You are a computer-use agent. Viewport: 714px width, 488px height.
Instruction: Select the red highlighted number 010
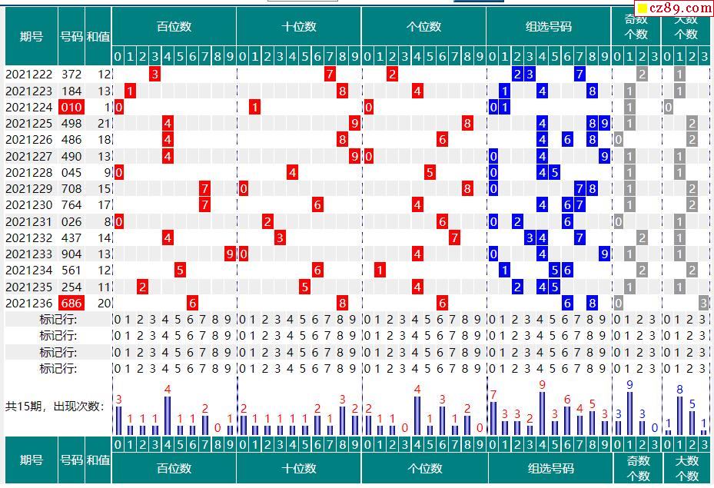(71, 108)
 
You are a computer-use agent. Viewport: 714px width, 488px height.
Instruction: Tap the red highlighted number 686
(71, 304)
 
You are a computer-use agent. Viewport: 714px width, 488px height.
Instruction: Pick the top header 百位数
(174, 27)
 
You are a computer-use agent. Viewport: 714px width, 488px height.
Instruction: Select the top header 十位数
(298, 27)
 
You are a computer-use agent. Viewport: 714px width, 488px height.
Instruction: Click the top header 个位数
(423, 27)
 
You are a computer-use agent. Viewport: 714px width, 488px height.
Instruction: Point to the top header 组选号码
(549, 27)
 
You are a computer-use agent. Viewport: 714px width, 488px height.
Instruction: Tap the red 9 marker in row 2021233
(230, 254)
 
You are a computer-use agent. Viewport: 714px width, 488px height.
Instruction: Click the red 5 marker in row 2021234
(180, 271)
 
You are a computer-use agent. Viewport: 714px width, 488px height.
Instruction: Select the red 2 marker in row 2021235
(142, 287)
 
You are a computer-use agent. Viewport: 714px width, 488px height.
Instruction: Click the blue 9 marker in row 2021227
(605, 157)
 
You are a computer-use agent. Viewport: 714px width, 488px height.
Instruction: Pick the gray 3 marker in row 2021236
(703, 304)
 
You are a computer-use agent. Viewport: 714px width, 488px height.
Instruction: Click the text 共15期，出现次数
(54, 406)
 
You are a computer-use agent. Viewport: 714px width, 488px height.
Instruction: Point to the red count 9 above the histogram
(542, 385)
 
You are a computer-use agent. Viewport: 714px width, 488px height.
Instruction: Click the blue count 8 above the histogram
(679, 390)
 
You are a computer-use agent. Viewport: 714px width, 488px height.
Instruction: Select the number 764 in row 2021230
(71, 205)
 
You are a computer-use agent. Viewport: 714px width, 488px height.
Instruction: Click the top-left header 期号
(32, 36)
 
